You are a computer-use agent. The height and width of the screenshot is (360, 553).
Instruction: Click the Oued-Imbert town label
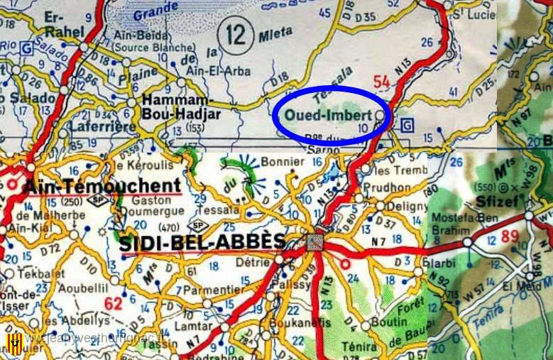pos(327,115)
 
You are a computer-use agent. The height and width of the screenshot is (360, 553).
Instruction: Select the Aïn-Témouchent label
pos(102,187)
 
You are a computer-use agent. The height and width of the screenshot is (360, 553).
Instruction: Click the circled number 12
pos(234,32)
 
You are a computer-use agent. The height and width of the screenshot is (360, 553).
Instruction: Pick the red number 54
pos(382,82)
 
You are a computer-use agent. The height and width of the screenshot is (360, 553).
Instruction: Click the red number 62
pos(113,306)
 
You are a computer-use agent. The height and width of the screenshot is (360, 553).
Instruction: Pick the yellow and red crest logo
pos(13,344)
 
